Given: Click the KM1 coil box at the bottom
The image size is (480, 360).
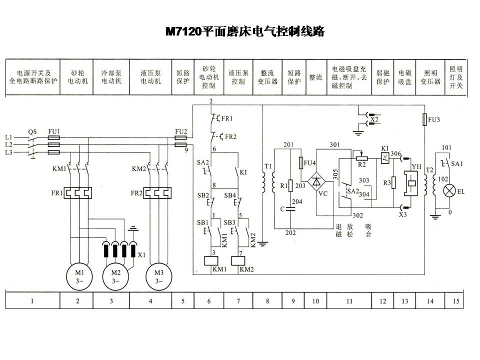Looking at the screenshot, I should coord(210,260).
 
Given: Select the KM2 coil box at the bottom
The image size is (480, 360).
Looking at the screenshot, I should coord(239,260).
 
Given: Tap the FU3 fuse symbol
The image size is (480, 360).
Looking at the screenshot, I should coord(424,120).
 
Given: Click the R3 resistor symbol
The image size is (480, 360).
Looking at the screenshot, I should coord(395,183).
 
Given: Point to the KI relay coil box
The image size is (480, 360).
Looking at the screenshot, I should coord(383,158).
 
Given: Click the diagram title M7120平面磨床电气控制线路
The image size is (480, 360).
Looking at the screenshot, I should coord(245,32).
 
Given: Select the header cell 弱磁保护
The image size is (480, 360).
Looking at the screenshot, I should coord(382,77).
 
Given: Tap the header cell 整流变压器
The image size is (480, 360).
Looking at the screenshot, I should coord(267,77).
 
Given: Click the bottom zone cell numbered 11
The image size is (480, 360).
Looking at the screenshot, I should coord(349,301).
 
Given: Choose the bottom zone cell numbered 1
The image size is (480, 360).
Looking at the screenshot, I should coord(32,301).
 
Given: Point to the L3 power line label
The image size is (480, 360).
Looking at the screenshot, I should coord(8,152).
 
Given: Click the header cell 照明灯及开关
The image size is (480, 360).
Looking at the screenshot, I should coord(456,77).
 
